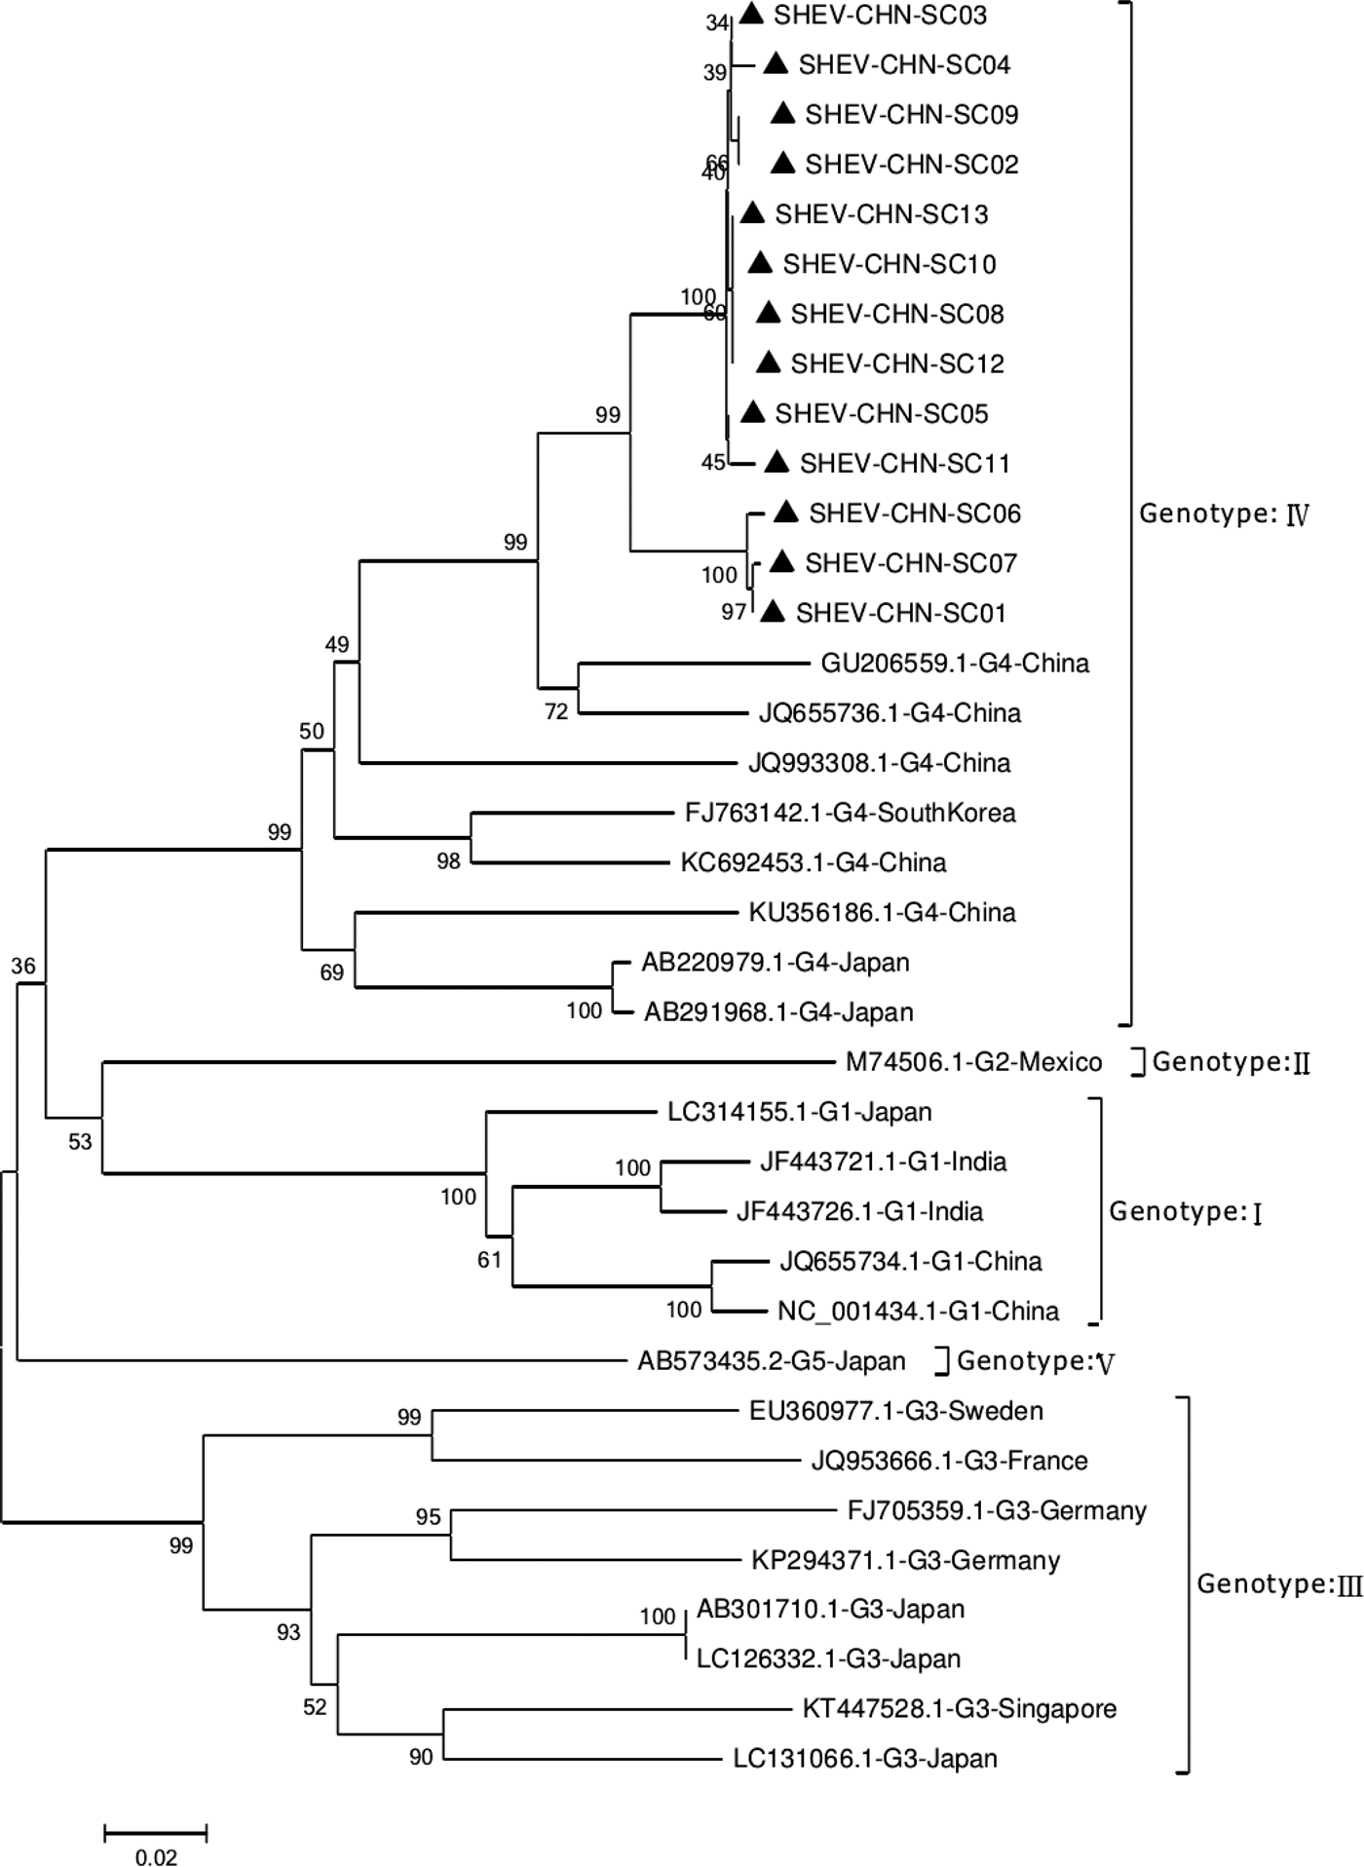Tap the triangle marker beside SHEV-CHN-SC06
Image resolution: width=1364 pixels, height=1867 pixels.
(786, 512)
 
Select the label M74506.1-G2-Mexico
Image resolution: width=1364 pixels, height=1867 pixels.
(973, 1062)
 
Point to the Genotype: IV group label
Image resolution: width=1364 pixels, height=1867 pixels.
(1224, 514)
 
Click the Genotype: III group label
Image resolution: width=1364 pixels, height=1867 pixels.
(1278, 1584)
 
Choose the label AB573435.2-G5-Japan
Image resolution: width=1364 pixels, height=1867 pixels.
(771, 1361)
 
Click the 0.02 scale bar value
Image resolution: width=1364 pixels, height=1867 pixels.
(156, 1857)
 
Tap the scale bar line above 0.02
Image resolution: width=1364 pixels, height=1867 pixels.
(156, 1833)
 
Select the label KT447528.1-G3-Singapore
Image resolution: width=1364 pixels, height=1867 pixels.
(959, 1708)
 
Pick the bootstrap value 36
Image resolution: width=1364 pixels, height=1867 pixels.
(23, 966)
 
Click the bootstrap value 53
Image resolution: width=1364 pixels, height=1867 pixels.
(80, 1141)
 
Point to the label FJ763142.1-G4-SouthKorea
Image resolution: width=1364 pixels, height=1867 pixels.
(850, 813)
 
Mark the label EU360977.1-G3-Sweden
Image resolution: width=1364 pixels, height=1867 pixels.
(895, 1411)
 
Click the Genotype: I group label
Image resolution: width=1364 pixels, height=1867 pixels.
(1185, 1212)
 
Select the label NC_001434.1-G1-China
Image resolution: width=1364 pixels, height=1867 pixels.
(918, 1311)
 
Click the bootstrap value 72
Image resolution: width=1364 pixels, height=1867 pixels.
(556, 711)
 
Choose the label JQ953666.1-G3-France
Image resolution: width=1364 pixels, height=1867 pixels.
(949, 1461)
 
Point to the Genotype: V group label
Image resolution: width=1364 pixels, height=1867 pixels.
(1035, 1361)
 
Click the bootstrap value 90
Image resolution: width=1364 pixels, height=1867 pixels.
(421, 1757)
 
